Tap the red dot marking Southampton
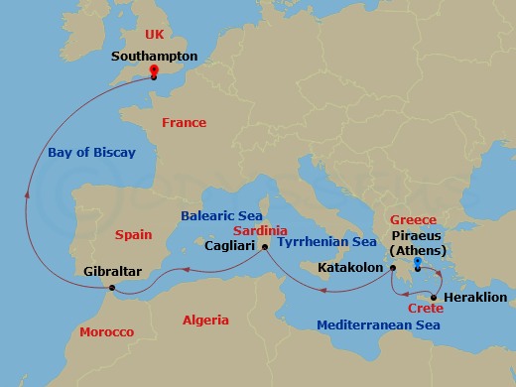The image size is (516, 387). click(x=154, y=70)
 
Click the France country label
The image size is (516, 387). click(x=184, y=123)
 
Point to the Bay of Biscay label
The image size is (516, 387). click(x=91, y=153)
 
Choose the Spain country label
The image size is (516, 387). click(x=133, y=235)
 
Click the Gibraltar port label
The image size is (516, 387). click(x=112, y=270)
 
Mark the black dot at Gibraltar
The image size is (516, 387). click(x=112, y=288)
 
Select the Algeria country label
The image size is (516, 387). click(x=205, y=320)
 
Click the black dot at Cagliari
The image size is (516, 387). click(x=265, y=246)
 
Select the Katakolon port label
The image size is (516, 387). click(x=350, y=267)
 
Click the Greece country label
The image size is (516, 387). click(x=414, y=220)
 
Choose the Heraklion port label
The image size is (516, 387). click(x=475, y=297)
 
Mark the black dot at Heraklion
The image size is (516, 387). click(x=434, y=297)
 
